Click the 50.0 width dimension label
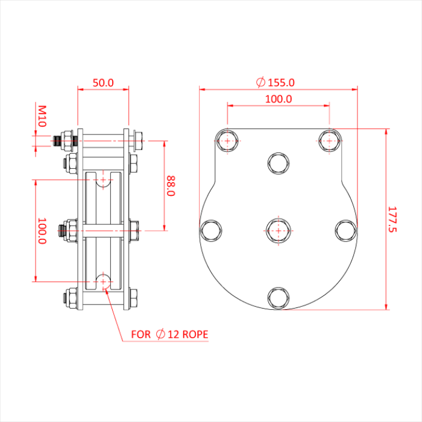click(x=103, y=83)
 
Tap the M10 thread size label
click(x=42, y=115)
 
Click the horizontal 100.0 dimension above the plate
click(x=279, y=98)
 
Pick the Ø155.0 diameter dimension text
click(x=275, y=82)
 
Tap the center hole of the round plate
click(x=279, y=230)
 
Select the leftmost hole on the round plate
click(x=212, y=230)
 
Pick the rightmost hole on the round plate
click(x=345, y=230)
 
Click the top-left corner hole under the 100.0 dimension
click(x=227, y=140)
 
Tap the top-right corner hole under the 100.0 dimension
click(x=329, y=140)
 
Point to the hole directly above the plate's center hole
click(x=279, y=163)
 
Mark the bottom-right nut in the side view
click(x=133, y=297)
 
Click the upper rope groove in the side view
click(x=104, y=180)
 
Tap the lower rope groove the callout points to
click(x=104, y=281)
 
